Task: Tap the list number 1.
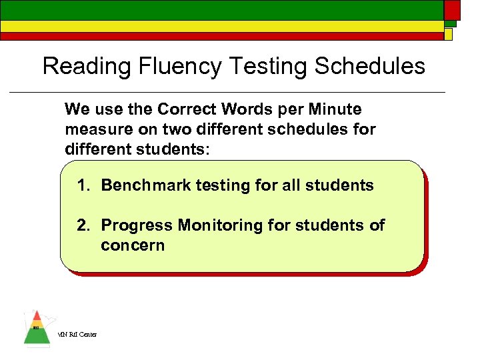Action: coord(83,185)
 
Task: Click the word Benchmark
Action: coord(146,185)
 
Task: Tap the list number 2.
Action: coord(83,225)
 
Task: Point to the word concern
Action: coord(132,245)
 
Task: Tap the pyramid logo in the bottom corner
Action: coord(37,329)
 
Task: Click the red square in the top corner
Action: coord(452,10)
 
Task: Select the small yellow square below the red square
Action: coord(449,33)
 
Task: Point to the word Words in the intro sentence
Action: coord(248,109)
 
